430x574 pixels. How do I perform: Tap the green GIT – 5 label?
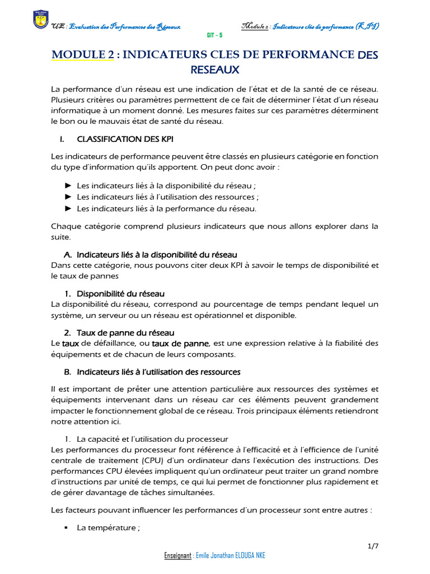click(x=215, y=35)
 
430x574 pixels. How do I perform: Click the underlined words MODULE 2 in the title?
click(x=82, y=54)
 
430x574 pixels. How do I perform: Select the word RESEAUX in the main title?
click(x=214, y=70)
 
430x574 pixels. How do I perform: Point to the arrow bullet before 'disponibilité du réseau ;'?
click(x=68, y=185)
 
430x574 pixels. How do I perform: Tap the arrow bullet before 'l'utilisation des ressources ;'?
click(x=68, y=197)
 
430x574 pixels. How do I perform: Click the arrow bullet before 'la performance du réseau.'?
click(x=68, y=209)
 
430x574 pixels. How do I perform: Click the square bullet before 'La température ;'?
click(x=66, y=528)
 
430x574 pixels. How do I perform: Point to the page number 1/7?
click(x=372, y=545)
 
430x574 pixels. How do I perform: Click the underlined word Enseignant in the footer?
click(x=177, y=556)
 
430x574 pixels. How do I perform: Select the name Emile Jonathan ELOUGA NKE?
click(x=231, y=556)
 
